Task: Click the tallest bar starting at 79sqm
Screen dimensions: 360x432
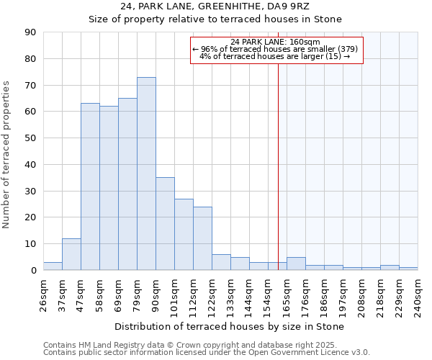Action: (146, 174)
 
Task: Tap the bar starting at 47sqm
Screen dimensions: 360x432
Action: (90, 186)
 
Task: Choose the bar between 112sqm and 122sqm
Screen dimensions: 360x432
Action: (202, 238)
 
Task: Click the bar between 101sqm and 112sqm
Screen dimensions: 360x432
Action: (184, 234)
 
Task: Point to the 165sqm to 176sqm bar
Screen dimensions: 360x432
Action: (296, 264)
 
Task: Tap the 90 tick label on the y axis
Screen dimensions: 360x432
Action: (30, 32)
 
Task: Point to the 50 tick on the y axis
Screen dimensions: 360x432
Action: (30, 138)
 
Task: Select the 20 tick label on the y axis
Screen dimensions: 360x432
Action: (30, 217)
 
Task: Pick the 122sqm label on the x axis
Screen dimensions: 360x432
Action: (212, 294)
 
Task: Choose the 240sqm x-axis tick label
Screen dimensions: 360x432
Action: (418, 294)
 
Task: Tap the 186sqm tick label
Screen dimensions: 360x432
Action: (324, 294)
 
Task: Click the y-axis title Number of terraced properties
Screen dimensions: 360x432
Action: (7, 155)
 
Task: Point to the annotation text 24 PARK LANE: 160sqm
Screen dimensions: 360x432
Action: (276, 42)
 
